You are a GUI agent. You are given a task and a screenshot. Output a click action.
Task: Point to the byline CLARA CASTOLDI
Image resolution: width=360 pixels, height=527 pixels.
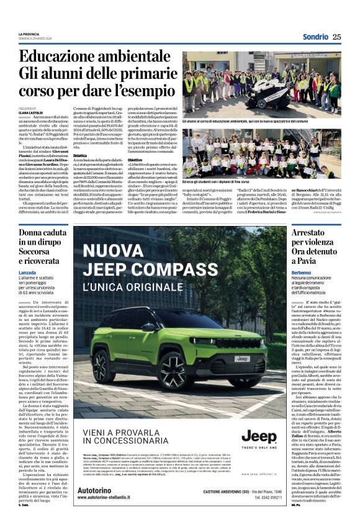click(x=31, y=112)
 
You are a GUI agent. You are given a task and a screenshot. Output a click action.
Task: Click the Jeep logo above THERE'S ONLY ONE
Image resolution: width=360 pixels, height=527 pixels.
click(x=259, y=436)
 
